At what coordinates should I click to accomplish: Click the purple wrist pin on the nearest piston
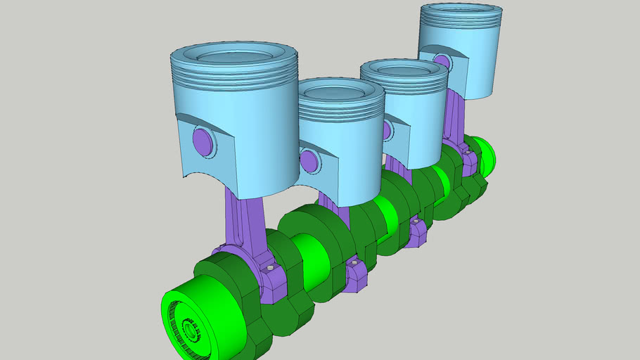[x=203, y=141]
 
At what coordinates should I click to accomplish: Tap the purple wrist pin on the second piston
[x=309, y=160]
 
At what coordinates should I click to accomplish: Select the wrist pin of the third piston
[x=388, y=129]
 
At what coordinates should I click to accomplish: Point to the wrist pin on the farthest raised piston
[x=442, y=61]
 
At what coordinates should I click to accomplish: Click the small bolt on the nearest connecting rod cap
[x=268, y=269]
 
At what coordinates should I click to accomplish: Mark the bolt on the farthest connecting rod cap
[x=466, y=150]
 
